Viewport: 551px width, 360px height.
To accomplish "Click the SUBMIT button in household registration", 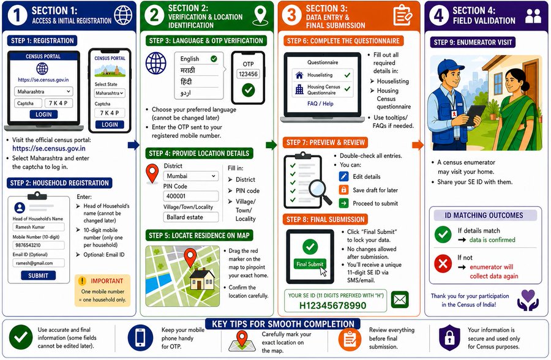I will [38, 276].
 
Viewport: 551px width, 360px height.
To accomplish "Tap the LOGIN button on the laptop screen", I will [43, 114].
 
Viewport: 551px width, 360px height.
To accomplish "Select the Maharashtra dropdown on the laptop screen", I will [43, 91].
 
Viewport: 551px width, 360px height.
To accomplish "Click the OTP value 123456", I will [247, 74].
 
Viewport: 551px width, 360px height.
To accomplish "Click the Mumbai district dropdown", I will [190, 176].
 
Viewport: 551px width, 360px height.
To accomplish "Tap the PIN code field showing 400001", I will [190, 196].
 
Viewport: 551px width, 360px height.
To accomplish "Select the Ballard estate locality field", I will [190, 217].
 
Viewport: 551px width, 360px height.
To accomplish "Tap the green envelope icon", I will [400, 300].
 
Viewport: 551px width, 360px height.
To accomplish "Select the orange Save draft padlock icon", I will [343, 190].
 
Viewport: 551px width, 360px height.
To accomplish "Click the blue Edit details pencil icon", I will [343, 176].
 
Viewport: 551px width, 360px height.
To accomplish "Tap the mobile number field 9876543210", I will [37, 245].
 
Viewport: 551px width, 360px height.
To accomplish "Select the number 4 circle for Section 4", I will [440, 17].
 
